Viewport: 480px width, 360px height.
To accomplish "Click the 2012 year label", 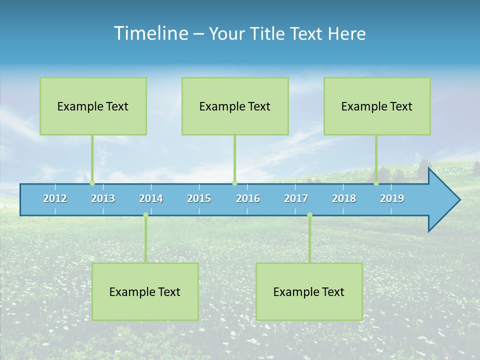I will (x=55, y=198).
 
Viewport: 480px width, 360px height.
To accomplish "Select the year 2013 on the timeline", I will (x=103, y=198).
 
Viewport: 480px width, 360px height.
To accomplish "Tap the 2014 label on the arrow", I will (x=151, y=198).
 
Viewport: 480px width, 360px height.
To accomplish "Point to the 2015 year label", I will (x=199, y=198).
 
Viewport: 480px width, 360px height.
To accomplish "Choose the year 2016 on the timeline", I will (x=248, y=198).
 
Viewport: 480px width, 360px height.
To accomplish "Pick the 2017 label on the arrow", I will (x=296, y=198).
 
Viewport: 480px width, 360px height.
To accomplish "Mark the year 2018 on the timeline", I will (x=344, y=198).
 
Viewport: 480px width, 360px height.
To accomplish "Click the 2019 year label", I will (x=392, y=198).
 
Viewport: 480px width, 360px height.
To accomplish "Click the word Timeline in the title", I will (x=150, y=33).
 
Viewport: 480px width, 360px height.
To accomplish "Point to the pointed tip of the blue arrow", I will (x=458, y=200).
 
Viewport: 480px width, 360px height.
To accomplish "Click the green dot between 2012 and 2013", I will (x=92, y=183).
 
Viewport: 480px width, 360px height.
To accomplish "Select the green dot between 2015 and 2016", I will (x=234, y=183).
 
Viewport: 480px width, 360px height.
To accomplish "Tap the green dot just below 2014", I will (x=145, y=215).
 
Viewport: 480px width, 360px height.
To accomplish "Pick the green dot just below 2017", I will (x=309, y=215).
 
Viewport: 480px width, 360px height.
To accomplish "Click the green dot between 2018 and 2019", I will (x=376, y=183).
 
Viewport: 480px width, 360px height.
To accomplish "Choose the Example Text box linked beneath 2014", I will (x=145, y=291).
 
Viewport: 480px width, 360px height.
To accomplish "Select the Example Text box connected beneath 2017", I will (x=309, y=291).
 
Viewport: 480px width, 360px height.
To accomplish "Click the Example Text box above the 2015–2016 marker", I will (x=235, y=106).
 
